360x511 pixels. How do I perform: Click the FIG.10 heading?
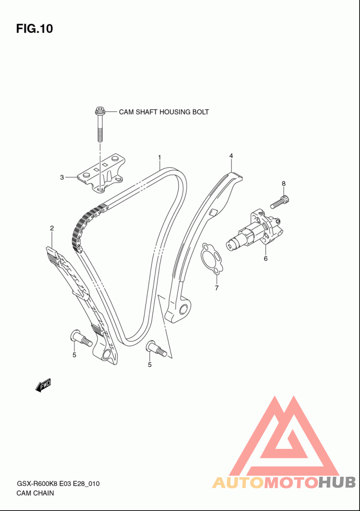35,29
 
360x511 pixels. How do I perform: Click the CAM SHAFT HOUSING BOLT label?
164,112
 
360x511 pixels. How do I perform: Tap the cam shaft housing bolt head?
99,111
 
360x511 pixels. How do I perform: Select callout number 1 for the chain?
160,158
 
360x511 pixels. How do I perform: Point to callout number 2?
52,228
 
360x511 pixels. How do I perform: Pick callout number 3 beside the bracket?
62,177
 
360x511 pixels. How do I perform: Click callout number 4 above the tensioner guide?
231,156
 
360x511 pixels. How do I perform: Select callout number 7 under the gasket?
216,288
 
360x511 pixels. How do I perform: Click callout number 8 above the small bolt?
283,184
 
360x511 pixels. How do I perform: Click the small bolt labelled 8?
280,201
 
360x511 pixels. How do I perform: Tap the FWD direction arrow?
43,385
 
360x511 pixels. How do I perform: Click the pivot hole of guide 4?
184,308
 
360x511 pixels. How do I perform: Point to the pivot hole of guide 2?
107,355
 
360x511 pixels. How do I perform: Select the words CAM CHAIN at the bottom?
35,493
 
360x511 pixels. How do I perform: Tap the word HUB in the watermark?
337,482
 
